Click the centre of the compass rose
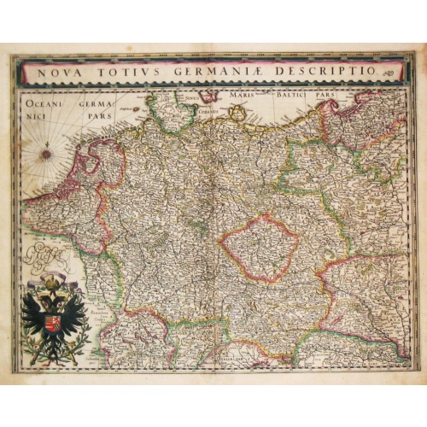45,155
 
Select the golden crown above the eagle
54,282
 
